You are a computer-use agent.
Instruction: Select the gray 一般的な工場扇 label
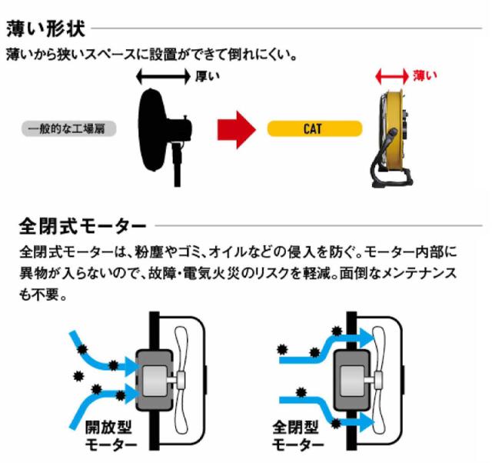pyautogui.click(x=68, y=128)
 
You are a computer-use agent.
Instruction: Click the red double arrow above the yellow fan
pyautogui.click(x=391, y=76)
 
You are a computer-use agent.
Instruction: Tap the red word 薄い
pyautogui.click(x=424, y=75)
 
